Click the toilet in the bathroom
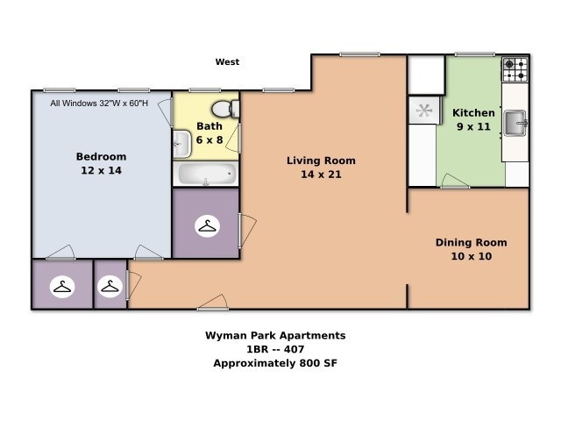tap(225, 109)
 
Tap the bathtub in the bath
tap(206, 174)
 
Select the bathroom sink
tap(182, 144)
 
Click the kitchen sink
tap(515, 123)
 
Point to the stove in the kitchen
tap(515, 69)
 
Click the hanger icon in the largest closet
tap(207, 226)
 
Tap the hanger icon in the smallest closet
tap(110, 287)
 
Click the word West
tap(227, 62)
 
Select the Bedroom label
tap(102, 156)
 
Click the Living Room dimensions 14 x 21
tap(321, 175)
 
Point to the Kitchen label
tap(473, 113)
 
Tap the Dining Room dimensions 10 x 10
tap(472, 256)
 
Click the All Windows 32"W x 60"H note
tap(99, 103)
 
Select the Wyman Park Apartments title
tap(275, 335)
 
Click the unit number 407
tap(295, 349)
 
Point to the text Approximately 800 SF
tap(275, 363)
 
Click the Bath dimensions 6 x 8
tap(209, 140)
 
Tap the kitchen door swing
tap(455, 181)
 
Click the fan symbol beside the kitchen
tap(424, 111)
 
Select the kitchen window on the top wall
tap(475, 54)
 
